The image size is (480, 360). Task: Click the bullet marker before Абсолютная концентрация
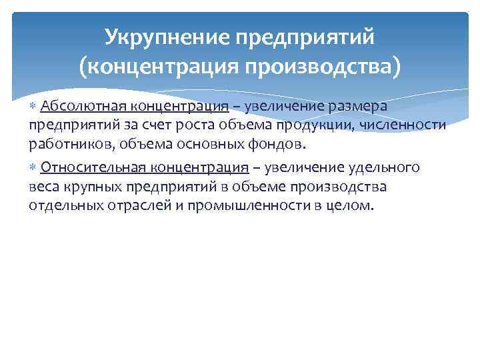34,107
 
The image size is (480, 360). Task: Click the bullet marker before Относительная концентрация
34,167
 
